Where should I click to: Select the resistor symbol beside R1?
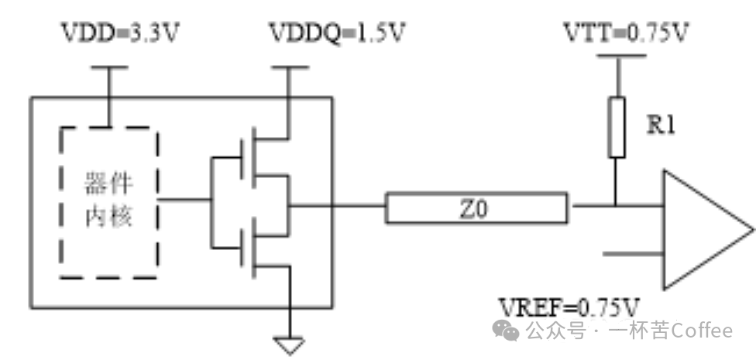click(617, 127)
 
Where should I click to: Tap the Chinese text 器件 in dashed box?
click(108, 186)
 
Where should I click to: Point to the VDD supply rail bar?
click(108, 67)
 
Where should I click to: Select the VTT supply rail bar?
click(617, 57)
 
